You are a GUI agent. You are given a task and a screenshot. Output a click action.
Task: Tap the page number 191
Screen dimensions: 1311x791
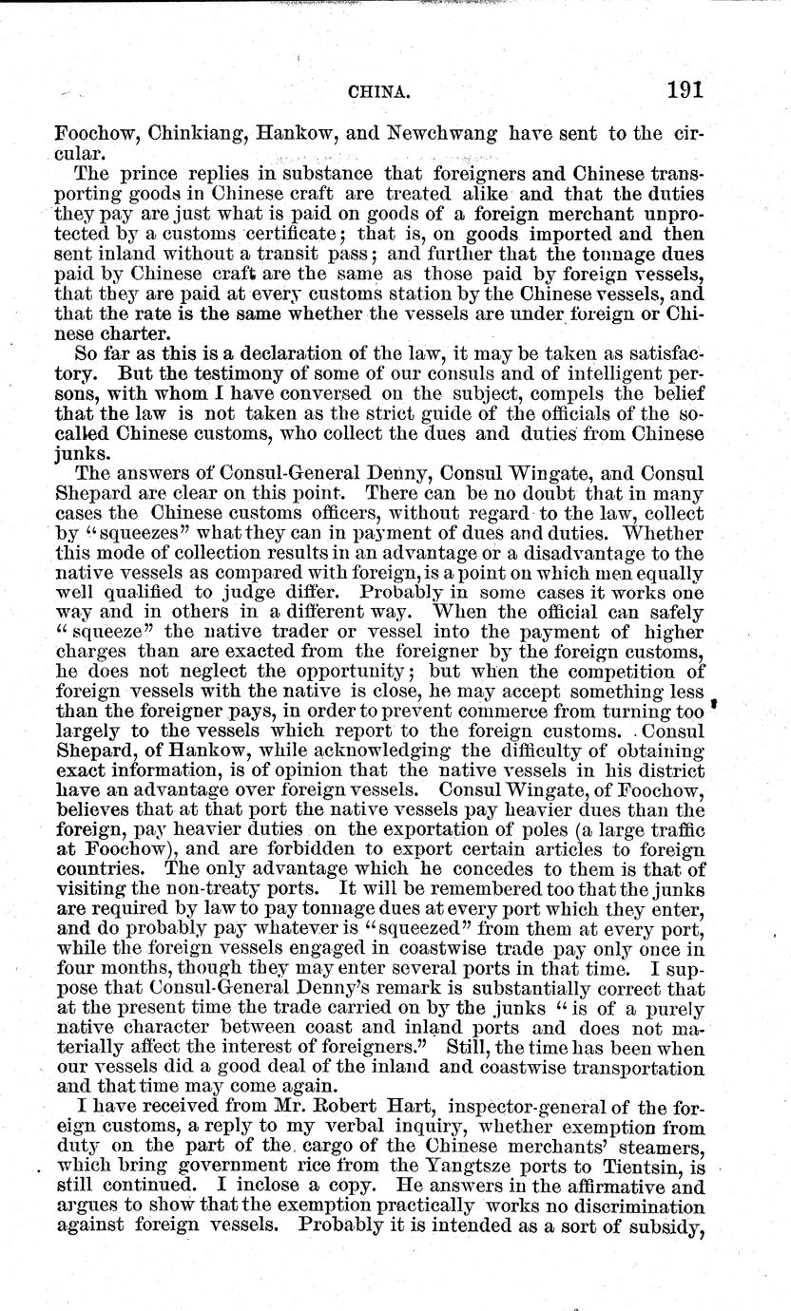tap(684, 90)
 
